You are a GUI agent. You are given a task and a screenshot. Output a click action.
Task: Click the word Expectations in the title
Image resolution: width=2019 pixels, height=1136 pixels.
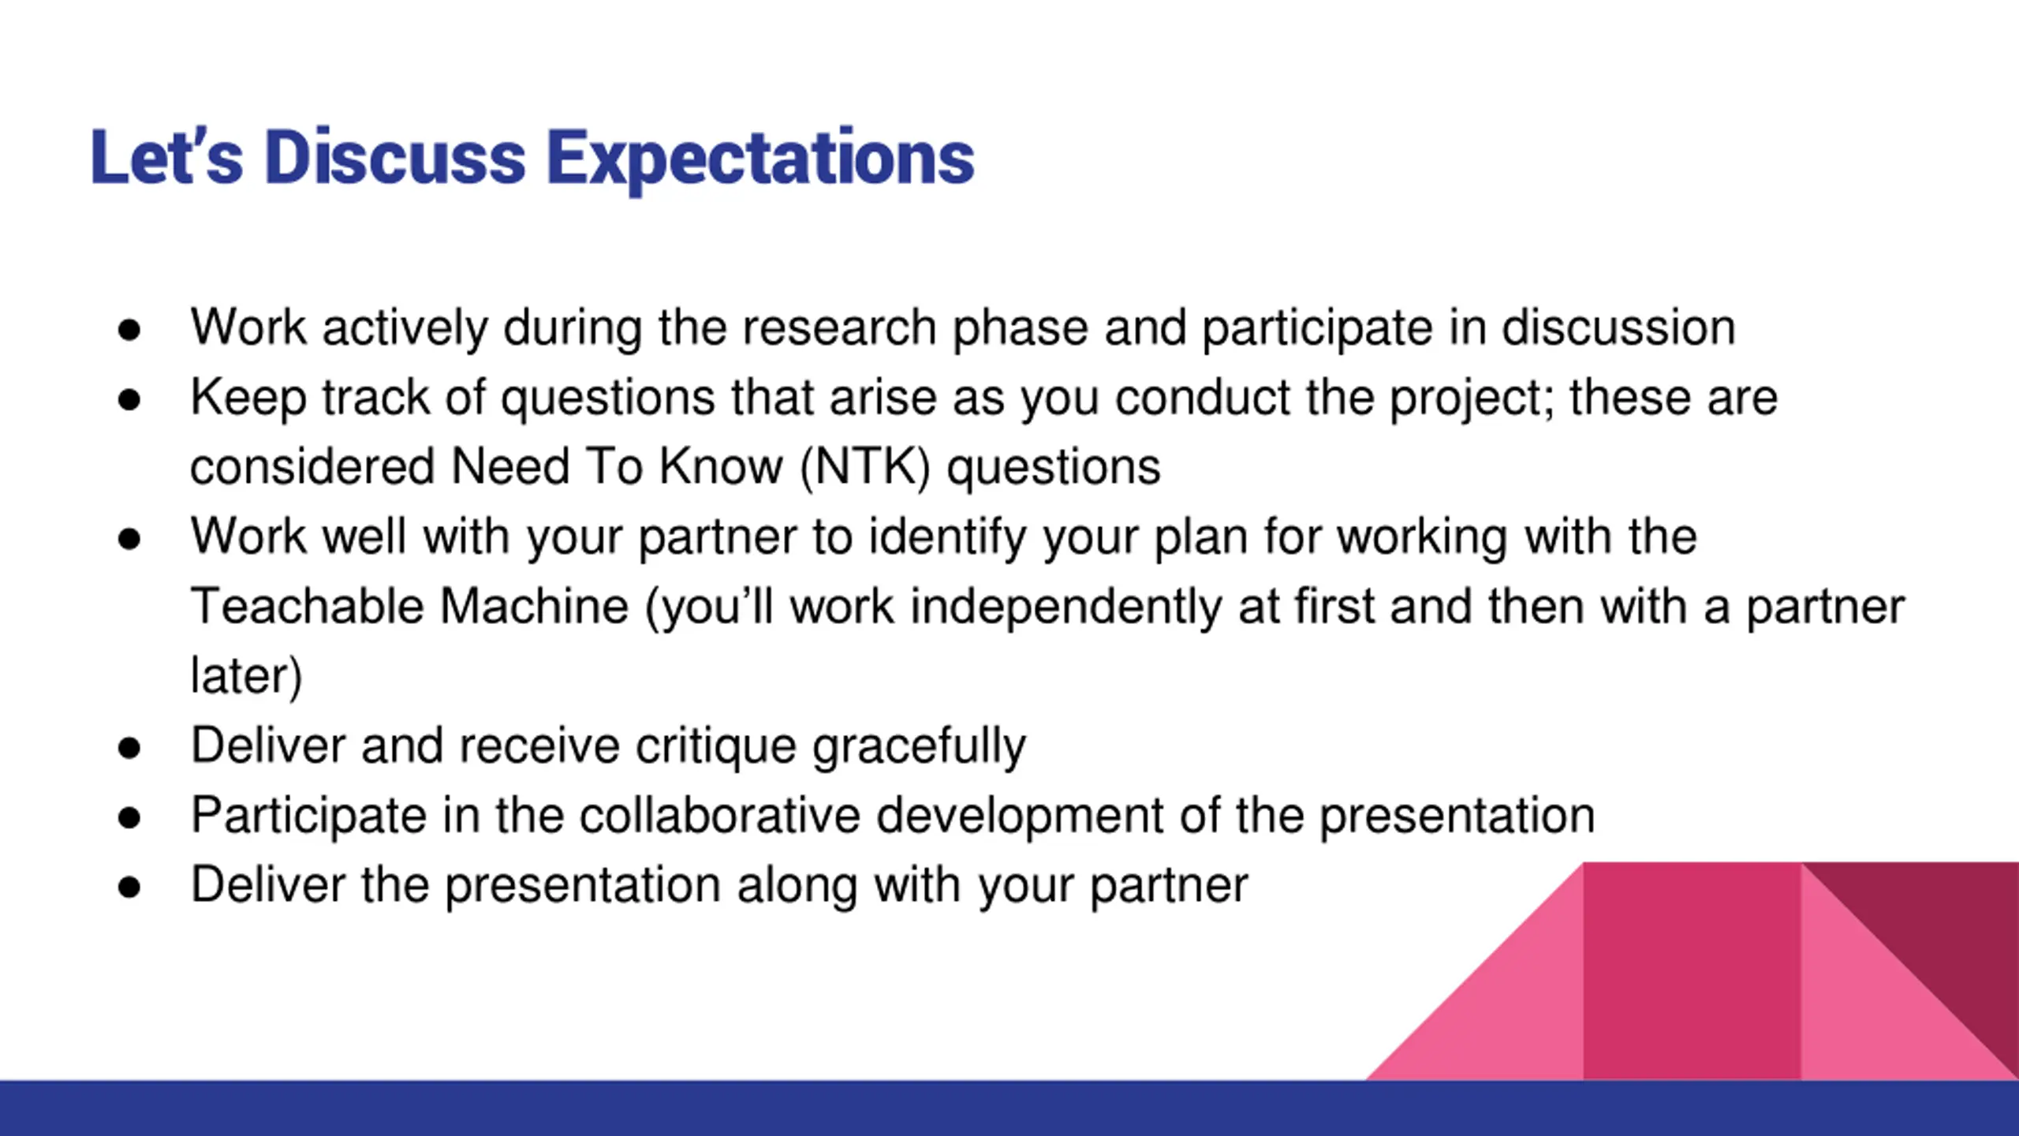pos(760,159)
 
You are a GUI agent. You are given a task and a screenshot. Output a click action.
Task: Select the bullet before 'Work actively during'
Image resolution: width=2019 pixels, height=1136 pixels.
pos(129,330)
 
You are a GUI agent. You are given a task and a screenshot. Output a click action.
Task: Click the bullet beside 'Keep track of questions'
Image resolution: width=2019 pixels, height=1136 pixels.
pos(129,399)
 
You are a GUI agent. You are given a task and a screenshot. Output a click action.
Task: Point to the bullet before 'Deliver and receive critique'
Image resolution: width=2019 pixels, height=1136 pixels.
pos(129,748)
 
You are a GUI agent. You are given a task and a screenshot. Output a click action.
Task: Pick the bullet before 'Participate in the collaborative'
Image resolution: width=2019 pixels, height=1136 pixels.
pos(129,817)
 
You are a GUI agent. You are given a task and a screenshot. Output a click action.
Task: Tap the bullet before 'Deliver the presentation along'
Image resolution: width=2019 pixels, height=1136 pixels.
pos(129,887)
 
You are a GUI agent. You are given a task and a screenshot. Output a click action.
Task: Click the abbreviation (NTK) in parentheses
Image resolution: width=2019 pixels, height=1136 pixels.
pos(865,467)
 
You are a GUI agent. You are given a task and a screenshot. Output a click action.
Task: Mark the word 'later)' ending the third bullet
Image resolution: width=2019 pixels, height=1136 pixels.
pos(246,677)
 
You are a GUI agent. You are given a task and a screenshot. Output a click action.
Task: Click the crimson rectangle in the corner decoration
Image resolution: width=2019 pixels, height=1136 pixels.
pos(1692,971)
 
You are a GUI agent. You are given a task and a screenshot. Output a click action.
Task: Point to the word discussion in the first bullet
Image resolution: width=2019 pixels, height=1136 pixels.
pos(1618,327)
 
